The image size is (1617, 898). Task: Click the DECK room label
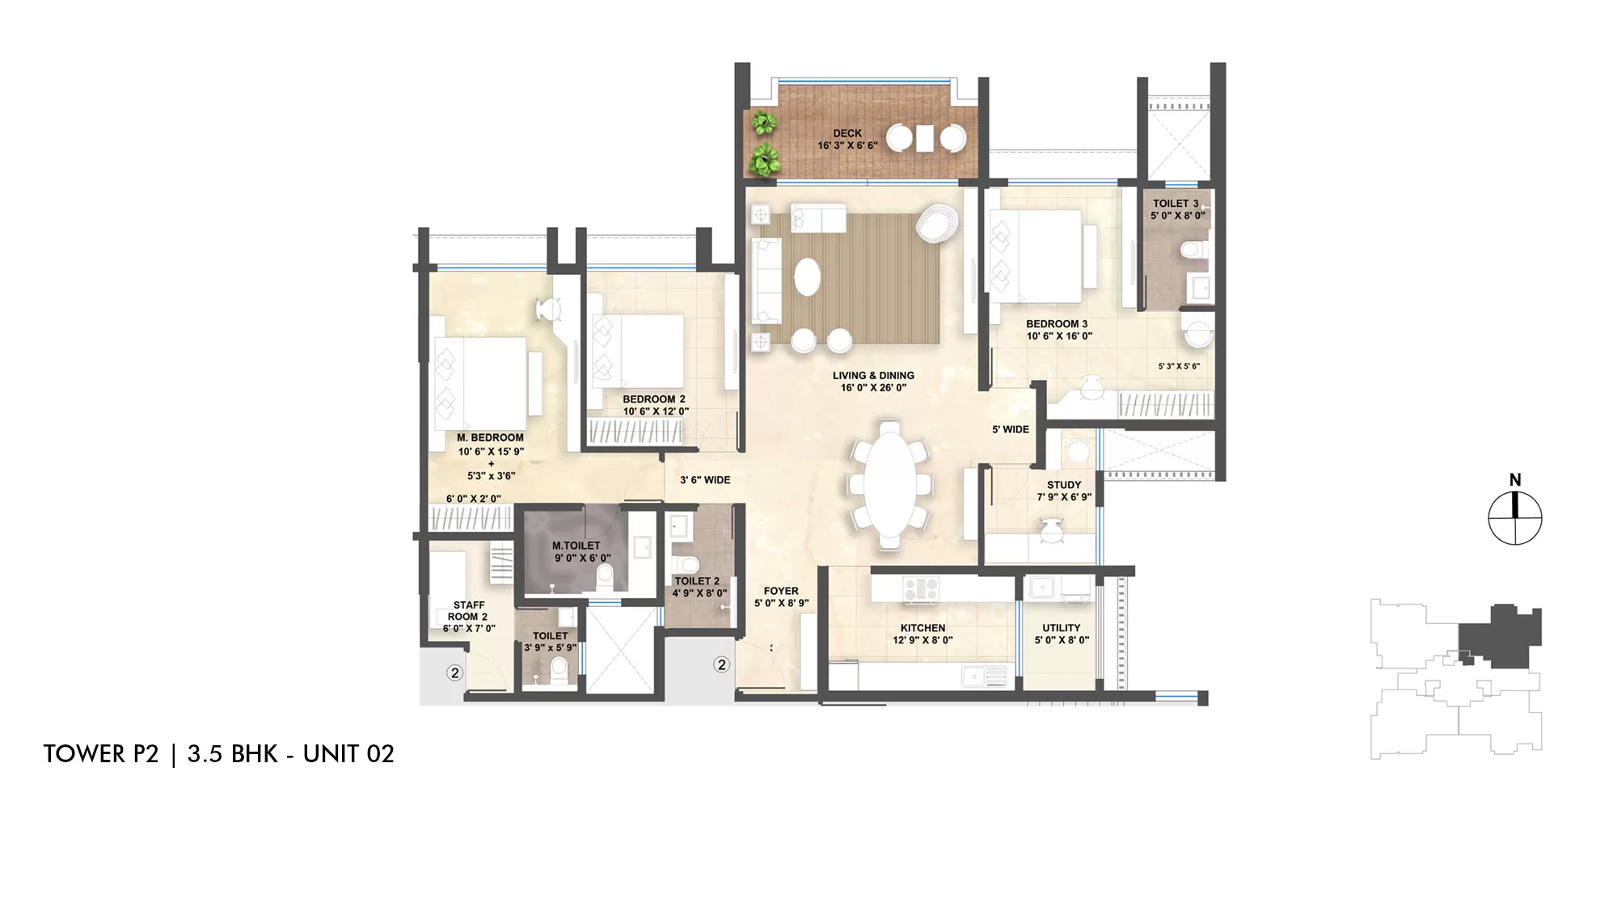click(x=847, y=133)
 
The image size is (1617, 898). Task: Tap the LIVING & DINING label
click(x=873, y=376)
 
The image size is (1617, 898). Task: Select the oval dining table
click(x=889, y=485)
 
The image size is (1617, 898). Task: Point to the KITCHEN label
click(x=922, y=628)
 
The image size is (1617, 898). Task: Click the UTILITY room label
click(x=1062, y=628)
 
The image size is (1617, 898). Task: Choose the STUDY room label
click(x=1064, y=485)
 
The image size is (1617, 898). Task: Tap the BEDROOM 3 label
click(x=1057, y=324)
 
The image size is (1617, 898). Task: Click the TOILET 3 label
click(x=1176, y=204)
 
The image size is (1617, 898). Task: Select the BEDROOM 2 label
click(x=654, y=399)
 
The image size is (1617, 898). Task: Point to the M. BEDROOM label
click(x=490, y=438)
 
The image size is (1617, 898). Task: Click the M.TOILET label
click(x=576, y=546)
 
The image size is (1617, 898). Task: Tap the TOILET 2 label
click(x=697, y=581)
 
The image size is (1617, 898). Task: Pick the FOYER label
click(x=781, y=591)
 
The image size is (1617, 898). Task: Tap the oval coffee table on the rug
click(x=807, y=277)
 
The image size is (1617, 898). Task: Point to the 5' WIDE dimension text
click(x=1011, y=429)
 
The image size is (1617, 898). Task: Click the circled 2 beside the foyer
click(x=721, y=664)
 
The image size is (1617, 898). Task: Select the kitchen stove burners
click(x=920, y=588)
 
